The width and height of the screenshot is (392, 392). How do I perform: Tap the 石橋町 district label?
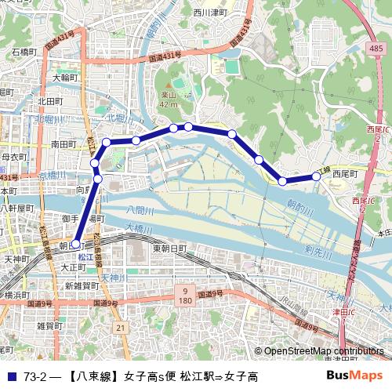(x=26, y=52)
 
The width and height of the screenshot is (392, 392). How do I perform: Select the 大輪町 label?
(x=67, y=78)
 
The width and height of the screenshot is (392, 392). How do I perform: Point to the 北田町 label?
(x=49, y=102)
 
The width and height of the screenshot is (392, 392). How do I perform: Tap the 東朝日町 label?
(x=170, y=248)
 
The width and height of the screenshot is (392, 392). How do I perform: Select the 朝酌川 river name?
(x=298, y=207)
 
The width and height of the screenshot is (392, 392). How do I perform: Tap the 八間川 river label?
(x=141, y=210)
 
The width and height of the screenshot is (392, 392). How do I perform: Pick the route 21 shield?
(x=120, y=327)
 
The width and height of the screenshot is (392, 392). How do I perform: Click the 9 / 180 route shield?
(x=185, y=295)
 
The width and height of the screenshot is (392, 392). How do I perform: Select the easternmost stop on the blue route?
(x=317, y=176)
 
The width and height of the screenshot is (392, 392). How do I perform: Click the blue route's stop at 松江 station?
(x=76, y=244)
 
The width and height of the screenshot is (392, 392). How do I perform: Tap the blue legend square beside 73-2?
(x=11, y=377)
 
